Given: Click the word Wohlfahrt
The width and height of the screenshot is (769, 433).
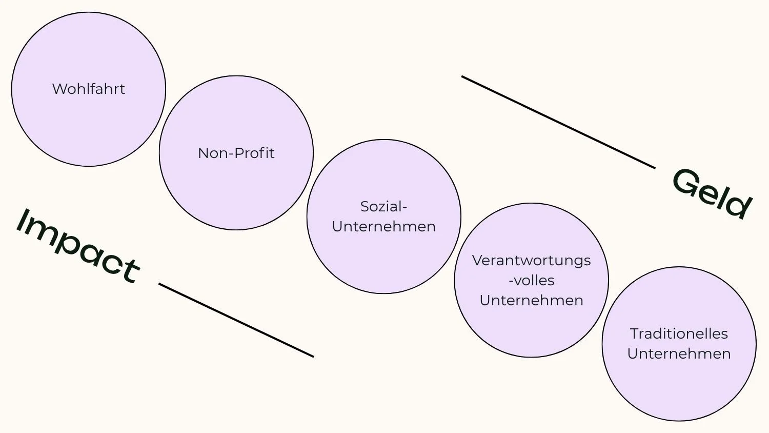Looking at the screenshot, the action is click(x=89, y=89).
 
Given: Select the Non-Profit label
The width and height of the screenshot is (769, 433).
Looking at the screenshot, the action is click(x=236, y=153).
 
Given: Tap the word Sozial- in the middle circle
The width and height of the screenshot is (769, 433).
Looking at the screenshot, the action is click(x=383, y=206).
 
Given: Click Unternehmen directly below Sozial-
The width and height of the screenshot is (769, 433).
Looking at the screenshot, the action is click(x=383, y=226).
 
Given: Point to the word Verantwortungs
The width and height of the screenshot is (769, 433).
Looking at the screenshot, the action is click(x=532, y=261).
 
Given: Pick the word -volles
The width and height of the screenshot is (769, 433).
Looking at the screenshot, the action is click(x=532, y=281).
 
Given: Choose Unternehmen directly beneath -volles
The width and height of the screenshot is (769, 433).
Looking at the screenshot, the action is click(x=532, y=300).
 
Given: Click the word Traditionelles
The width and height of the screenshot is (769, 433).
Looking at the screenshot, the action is click(x=679, y=333).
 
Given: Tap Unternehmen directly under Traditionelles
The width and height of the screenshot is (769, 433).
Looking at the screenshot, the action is click(x=679, y=353).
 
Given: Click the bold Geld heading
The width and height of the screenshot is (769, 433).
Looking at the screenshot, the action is click(x=712, y=194).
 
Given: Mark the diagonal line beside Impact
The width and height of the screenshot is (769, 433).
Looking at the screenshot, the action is click(x=236, y=320).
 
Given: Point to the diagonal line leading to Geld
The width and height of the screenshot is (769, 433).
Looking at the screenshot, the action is click(x=558, y=122).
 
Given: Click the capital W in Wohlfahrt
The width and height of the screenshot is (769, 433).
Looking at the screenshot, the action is click(x=59, y=89).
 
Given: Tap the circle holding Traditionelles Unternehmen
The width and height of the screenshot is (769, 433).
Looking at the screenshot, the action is click(x=679, y=390).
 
